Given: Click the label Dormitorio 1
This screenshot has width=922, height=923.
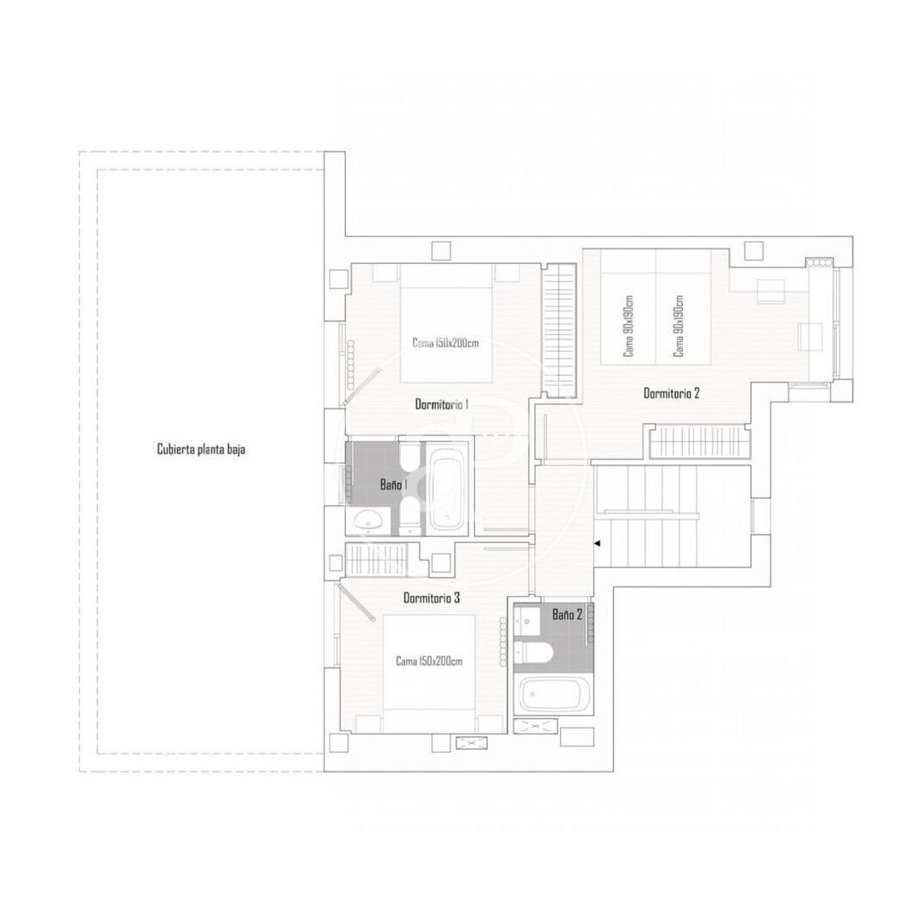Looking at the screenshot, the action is pos(442,404).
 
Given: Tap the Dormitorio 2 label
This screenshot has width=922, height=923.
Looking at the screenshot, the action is pos(672,393).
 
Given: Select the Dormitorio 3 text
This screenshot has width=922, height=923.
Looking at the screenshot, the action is pos(431,598).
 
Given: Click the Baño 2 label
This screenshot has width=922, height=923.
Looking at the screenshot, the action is pos(567,614).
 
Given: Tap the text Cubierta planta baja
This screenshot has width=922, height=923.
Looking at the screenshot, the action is pos(201,449).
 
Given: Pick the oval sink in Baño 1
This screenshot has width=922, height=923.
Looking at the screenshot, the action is pos(368,520).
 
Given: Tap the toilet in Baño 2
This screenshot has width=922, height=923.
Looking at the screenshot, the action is pos(532,652).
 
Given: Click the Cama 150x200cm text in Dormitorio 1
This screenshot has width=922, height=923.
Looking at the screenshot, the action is pos(446,342).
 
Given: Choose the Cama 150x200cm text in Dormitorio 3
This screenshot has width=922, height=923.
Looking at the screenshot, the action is pos(429,661).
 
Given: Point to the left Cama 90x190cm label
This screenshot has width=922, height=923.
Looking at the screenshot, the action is pos(629,326).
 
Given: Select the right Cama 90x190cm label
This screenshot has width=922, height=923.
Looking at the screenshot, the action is pos(679,326).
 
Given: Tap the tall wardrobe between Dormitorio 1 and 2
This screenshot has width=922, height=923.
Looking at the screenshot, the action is pos(559,330).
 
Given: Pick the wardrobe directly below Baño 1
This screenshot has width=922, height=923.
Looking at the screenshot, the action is pos(376,558).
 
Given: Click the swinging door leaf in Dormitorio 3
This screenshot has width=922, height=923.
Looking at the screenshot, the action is pos(359,601).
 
